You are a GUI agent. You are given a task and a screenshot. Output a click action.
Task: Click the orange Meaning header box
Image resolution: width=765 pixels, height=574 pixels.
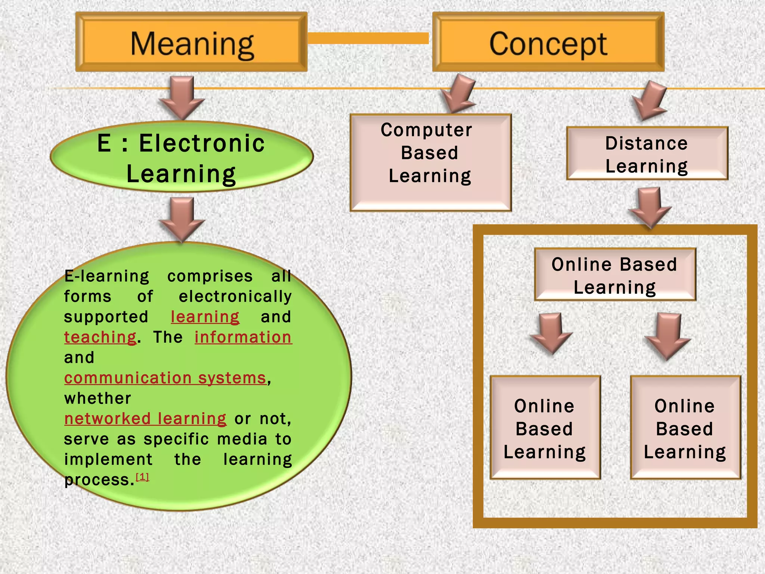click(191, 42)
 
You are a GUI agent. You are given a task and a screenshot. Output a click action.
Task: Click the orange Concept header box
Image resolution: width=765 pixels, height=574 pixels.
click(548, 42)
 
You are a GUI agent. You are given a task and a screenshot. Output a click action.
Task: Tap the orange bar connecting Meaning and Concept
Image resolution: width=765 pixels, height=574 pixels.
click(368, 38)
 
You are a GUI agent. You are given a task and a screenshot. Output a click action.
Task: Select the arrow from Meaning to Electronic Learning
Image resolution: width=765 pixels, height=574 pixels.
click(182, 98)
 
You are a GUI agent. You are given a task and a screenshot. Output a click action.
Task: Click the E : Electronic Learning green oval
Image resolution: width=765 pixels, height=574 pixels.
click(182, 157)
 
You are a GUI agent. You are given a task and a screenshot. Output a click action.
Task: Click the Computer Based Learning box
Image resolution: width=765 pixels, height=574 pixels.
click(430, 163)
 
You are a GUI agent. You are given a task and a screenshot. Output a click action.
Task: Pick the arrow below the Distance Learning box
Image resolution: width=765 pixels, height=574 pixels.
click(650, 207)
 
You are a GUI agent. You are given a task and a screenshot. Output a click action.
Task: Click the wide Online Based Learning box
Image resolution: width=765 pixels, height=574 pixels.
click(615, 275)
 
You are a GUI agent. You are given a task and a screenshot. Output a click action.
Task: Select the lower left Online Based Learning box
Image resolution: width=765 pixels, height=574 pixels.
click(545, 428)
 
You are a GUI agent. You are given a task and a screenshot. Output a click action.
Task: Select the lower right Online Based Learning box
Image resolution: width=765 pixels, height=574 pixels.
click(685, 428)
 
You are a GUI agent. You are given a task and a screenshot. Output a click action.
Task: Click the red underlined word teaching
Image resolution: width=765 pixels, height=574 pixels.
click(100, 337)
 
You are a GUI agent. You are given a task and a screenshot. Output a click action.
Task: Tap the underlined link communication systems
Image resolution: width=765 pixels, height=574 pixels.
click(165, 378)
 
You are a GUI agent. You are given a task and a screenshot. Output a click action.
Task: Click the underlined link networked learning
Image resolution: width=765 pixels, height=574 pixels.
click(145, 419)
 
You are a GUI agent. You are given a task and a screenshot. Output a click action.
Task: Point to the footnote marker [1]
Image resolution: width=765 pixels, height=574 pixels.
click(142, 477)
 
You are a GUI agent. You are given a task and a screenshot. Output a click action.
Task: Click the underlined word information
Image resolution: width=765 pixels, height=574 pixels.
click(243, 337)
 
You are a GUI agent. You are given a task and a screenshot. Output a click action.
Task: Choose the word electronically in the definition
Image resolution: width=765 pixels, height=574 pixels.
click(235, 297)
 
